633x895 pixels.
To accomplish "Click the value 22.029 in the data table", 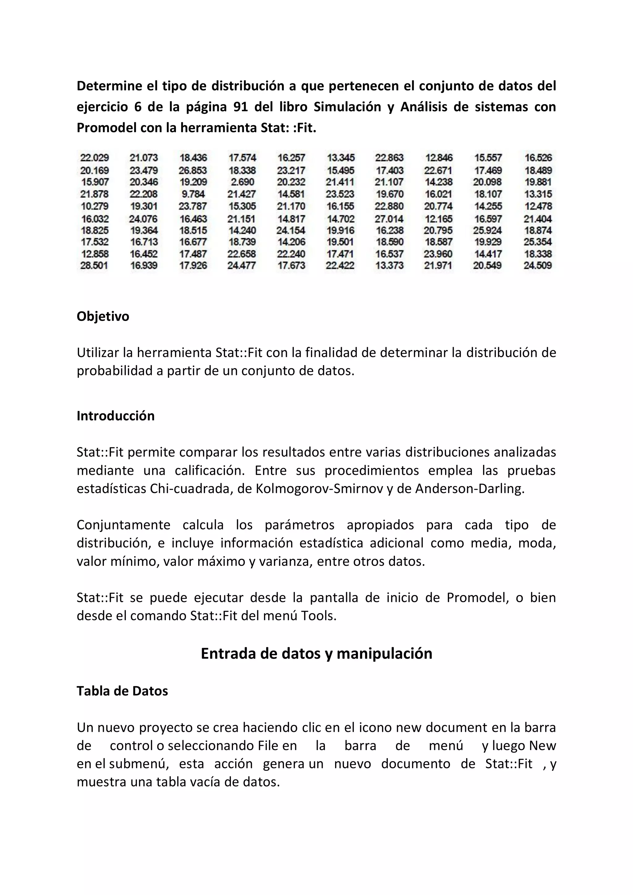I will pyautogui.click(x=94, y=158).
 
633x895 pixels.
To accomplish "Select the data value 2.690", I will pyautogui.click(x=242, y=182).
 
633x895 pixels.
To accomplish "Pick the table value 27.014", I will pyautogui.click(x=389, y=219).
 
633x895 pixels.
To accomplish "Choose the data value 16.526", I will pyautogui.click(x=538, y=158).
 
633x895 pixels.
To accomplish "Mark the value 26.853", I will pyautogui.click(x=193, y=170).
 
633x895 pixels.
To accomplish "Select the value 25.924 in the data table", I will pyautogui.click(x=487, y=230).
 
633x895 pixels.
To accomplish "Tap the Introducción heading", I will pyautogui.click(x=116, y=416).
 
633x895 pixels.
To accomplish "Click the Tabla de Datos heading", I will pyautogui.click(x=122, y=691).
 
